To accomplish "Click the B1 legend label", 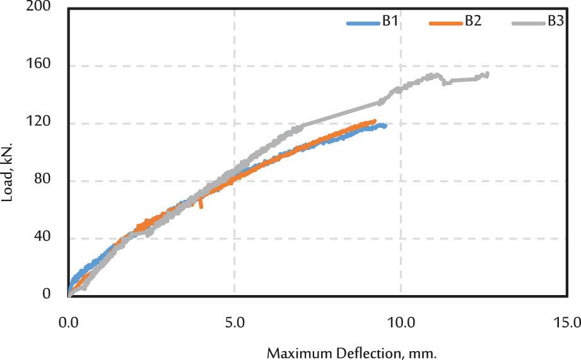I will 389,21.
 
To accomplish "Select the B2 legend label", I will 473,21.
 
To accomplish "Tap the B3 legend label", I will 555,21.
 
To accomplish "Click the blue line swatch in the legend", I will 363,23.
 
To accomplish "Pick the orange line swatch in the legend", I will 446,23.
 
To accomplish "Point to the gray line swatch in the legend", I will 528,23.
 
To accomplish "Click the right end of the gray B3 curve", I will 487,74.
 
